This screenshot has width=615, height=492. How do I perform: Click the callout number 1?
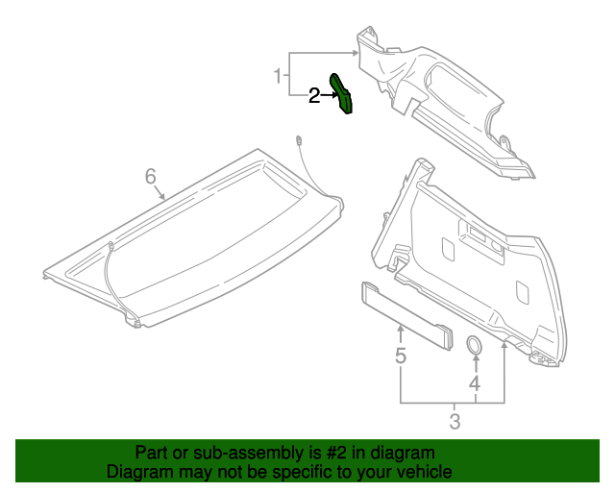(x=278, y=75)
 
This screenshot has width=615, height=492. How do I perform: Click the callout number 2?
(x=313, y=95)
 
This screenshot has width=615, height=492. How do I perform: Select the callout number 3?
(x=455, y=421)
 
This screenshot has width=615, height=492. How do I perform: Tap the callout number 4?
(x=474, y=384)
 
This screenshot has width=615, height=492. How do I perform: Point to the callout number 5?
(x=401, y=357)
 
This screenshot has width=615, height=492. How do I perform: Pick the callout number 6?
(x=150, y=176)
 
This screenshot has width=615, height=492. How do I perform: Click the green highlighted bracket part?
(x=341, y=93)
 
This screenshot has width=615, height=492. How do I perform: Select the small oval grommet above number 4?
(x=474, y=345)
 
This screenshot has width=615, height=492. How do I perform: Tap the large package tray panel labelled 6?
(x=192, y=240)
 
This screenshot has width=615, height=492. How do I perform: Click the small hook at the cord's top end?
(x=301, y=140)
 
